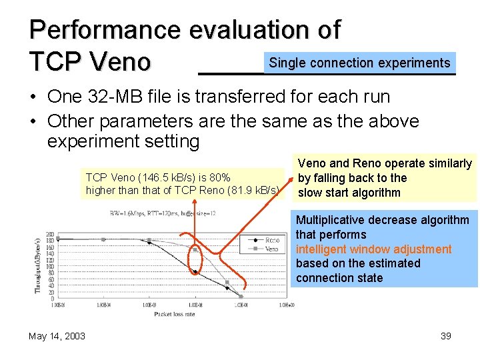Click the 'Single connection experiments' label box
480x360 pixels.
359,63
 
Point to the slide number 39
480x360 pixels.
446,336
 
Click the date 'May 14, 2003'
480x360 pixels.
57,336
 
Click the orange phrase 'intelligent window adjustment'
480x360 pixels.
373,249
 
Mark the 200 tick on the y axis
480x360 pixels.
49,233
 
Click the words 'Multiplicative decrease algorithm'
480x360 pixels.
383,221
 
